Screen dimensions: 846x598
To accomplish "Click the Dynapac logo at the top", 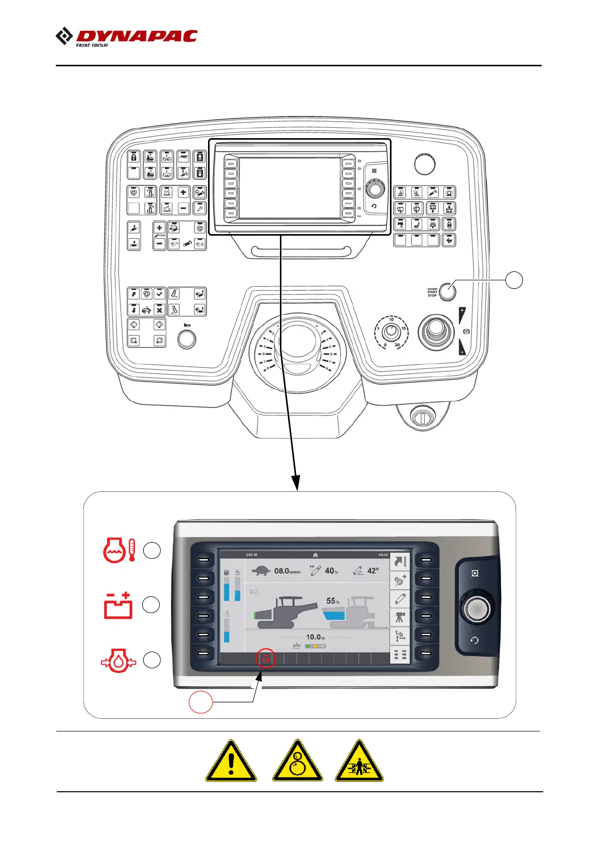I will [127, 37].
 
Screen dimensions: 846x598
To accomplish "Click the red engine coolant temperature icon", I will [119, 550].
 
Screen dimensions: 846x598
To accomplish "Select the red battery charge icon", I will [119, 605].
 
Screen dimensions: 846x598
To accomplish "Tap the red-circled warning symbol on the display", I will [266, 658].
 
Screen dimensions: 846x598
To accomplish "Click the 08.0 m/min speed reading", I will [287, 571].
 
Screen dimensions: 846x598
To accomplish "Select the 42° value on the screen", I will [373, 571].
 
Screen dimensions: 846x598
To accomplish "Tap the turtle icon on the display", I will [261, 571].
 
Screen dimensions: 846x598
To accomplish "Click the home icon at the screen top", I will [315, 555].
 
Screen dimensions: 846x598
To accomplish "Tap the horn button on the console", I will [187, 339].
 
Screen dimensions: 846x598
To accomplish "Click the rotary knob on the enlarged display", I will [475, 609].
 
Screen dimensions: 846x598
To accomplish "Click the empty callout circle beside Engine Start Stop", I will [514, 280].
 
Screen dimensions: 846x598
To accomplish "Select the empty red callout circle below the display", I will [201, 702].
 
